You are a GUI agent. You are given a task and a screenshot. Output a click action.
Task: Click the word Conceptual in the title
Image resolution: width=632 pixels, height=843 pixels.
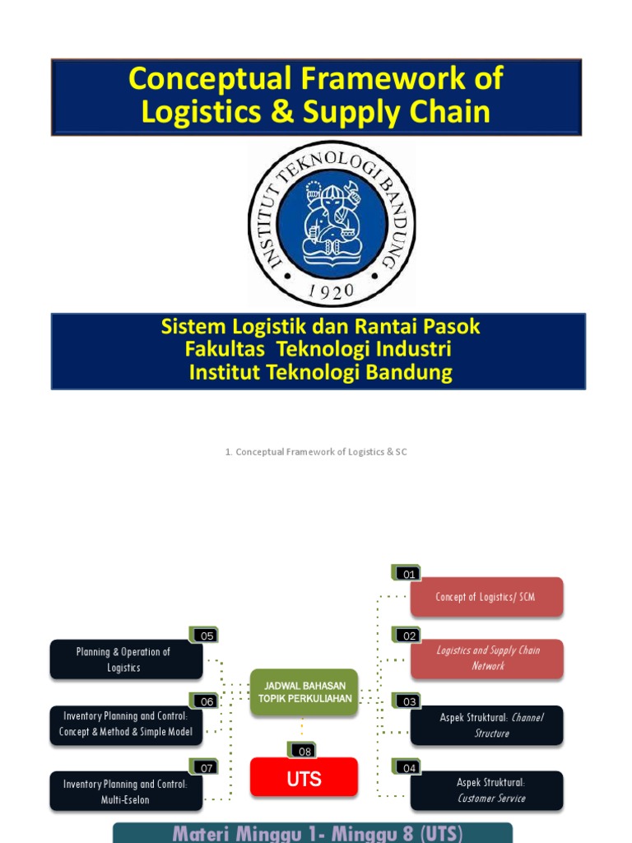[x=210, y=80]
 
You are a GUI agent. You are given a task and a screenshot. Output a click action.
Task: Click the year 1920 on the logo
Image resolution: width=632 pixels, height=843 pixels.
[x=332, y=290]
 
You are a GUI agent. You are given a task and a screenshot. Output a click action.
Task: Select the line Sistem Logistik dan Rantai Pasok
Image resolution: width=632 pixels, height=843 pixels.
[x=320, y=327]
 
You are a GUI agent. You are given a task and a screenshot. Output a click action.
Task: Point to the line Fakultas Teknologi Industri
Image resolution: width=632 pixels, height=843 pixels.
[x=318, y=350]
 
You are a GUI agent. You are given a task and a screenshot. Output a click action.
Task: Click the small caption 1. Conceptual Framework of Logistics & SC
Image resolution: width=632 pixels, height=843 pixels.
[x=316, y=452]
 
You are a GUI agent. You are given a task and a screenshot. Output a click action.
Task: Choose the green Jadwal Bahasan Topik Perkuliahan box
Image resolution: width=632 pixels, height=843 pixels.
[x=304, y=692]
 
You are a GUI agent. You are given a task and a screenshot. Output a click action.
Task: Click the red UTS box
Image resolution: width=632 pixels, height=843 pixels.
[x=304, y=778]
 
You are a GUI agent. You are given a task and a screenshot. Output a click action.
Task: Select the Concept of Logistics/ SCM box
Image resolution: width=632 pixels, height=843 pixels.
[x=486, y=597]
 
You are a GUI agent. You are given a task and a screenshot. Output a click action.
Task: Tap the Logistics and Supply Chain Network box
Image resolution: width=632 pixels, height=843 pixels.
[x=487, y=659]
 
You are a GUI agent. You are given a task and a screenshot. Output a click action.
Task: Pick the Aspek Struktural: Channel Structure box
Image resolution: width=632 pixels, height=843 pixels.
[x=487, y=725]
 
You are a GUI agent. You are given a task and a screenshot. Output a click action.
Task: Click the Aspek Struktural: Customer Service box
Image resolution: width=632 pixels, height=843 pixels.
[x=487, y=790]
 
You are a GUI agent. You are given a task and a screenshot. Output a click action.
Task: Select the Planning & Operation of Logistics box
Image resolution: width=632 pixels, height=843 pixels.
[x=125, y=660]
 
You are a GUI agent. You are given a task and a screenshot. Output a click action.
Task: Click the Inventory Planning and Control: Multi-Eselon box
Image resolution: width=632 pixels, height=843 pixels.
[x=125, y=792]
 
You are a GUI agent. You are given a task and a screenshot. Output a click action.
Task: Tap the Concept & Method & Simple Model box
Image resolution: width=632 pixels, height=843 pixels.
[x=125, y=724]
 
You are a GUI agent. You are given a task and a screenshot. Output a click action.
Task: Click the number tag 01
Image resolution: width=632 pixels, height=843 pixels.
[x=407, y=573]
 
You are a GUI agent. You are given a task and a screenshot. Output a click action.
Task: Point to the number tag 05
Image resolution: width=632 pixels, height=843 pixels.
[x=205, y=635]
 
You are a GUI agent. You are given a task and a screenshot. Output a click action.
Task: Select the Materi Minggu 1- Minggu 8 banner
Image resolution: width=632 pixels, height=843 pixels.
[x=313, y=832]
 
